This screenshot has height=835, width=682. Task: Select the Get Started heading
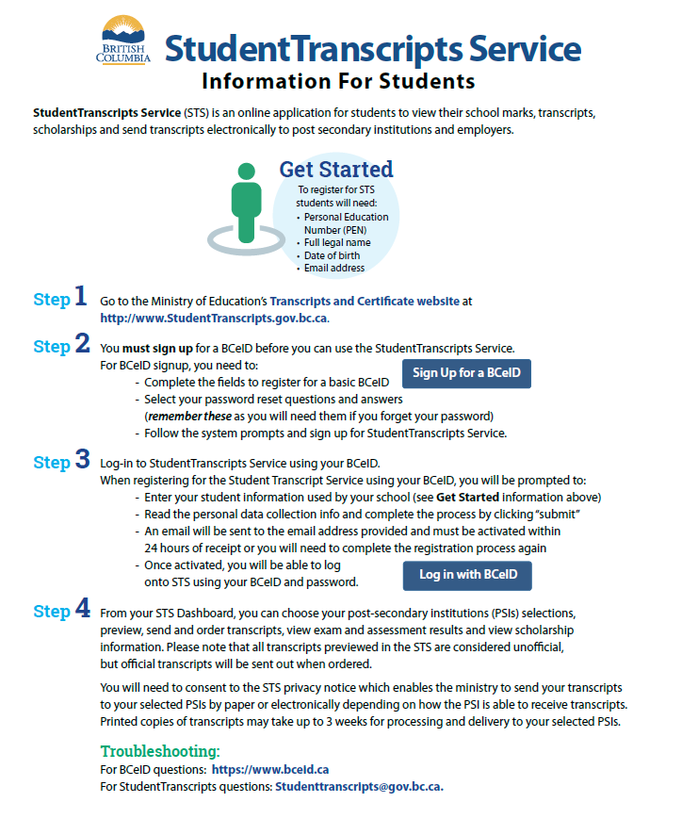coord(336,170)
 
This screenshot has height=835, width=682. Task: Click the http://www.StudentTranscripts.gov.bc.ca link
coord(214,318)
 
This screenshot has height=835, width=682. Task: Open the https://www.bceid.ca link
coord(270,769)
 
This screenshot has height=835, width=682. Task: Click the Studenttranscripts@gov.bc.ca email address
coord(358,786)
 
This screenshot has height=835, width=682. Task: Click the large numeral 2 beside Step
coord(82,343)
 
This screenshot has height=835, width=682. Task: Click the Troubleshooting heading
coord(160,751)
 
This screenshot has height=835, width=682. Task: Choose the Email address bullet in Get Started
coord(334,268)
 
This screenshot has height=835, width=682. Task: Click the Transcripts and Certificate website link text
coord(365,302)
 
